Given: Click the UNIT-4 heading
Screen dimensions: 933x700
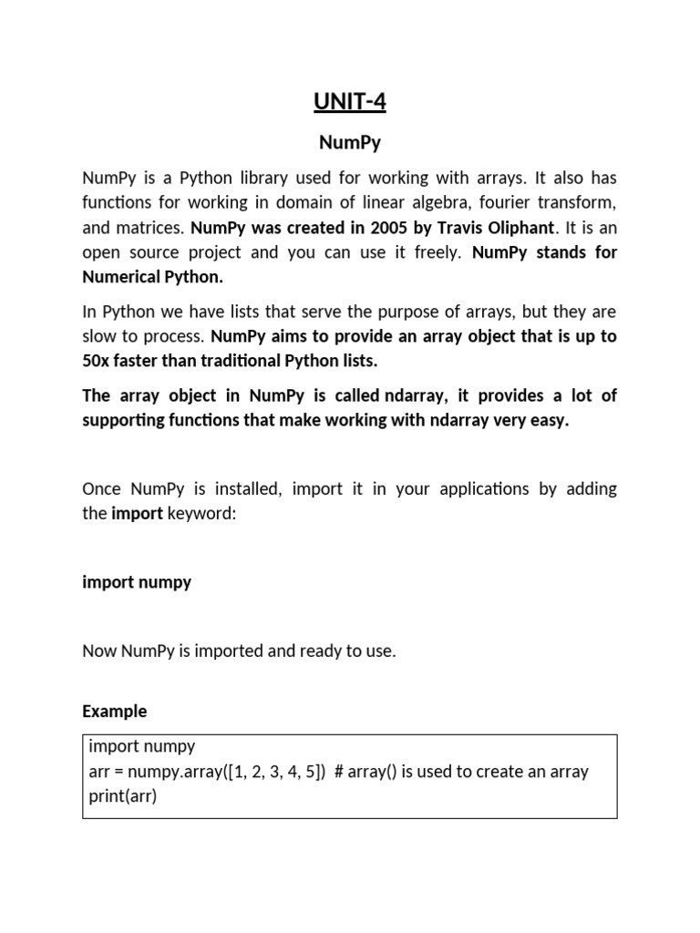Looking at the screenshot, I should [350, 102].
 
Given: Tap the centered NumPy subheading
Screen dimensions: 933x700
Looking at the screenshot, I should [350, 143].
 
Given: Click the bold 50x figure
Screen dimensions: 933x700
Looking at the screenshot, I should [97, 360].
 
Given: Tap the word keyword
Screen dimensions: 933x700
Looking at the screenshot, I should [201, 513].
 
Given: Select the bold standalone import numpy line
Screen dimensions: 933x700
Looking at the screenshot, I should [137, 581].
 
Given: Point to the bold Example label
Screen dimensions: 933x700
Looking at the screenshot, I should [114, 711].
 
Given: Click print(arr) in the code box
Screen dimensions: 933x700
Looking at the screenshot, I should [123, 796].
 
